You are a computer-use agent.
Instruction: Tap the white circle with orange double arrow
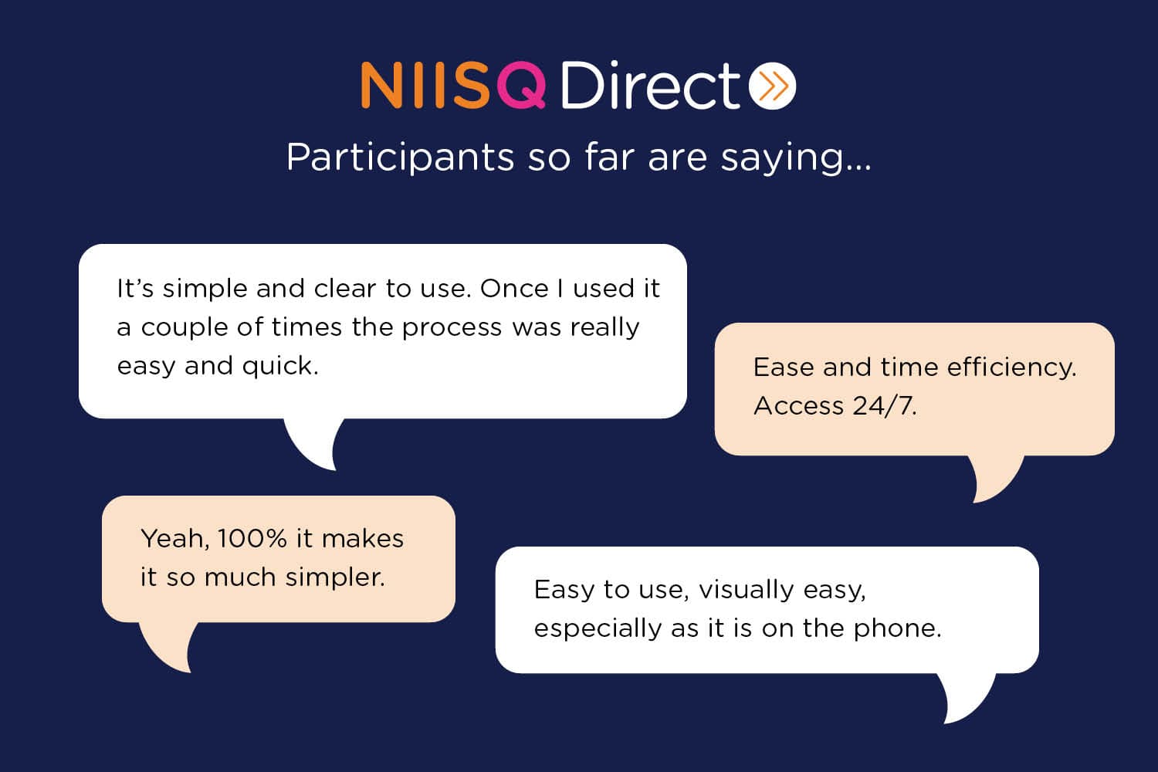tap(772, 85)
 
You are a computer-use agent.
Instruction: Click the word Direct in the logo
tap(650, 84)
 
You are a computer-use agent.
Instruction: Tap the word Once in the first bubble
tap(514, 289)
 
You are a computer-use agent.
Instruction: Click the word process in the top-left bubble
tap(452, 328)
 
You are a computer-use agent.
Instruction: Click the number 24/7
tap(884, 406)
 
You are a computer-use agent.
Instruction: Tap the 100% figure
tap(252, 539)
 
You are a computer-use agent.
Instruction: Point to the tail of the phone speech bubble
tap(964, 699)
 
